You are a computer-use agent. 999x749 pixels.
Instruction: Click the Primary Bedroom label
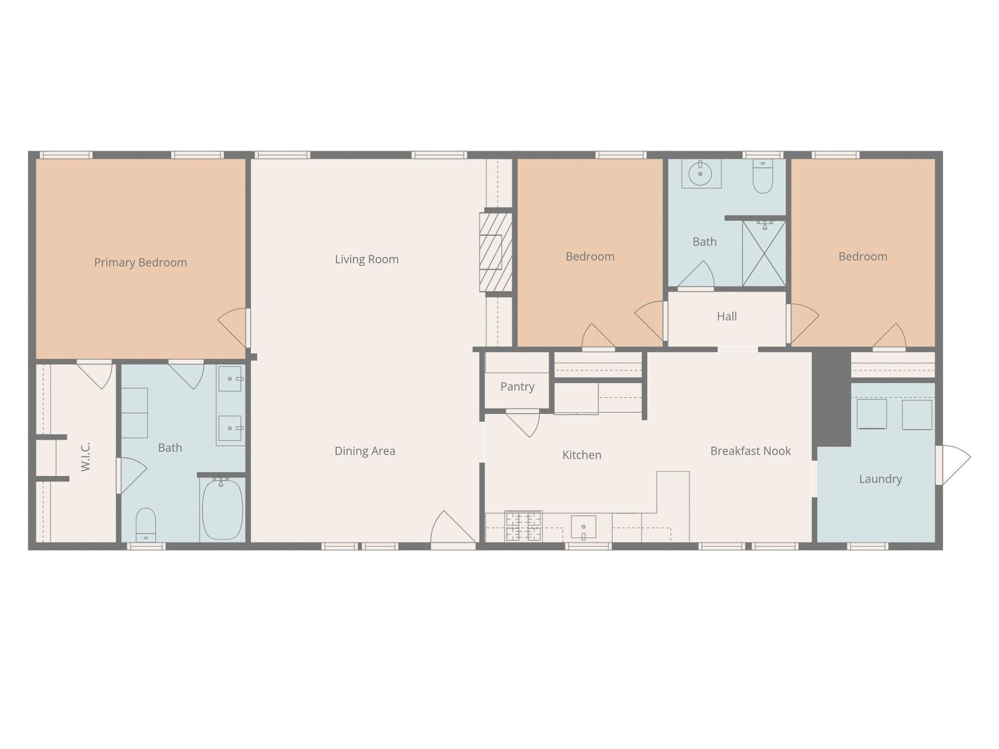click(x=140, y=263)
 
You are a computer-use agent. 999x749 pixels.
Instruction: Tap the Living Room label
click(x=366, y=259)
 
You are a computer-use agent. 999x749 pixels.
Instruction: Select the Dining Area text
click(x=365, y=451)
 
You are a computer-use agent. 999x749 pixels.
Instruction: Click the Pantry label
click(x=517, y=386)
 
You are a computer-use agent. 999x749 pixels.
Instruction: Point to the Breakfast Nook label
click(x=750, y=451)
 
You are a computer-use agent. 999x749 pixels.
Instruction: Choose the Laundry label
click(x=880, y=479)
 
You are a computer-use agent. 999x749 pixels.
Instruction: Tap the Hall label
click(x=726, y=316)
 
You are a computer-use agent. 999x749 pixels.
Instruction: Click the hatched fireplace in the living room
click(x=495, y=252)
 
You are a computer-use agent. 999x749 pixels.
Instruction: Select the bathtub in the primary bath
click(x=222, y=510)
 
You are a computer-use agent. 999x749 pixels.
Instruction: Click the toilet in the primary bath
click(x=146, y=524)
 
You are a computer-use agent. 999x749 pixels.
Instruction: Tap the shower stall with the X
click(x=763, y=254)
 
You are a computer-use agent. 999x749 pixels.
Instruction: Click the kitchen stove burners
click(x=523, y=526)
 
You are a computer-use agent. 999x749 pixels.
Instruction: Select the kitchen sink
click(x=583, y=527)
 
